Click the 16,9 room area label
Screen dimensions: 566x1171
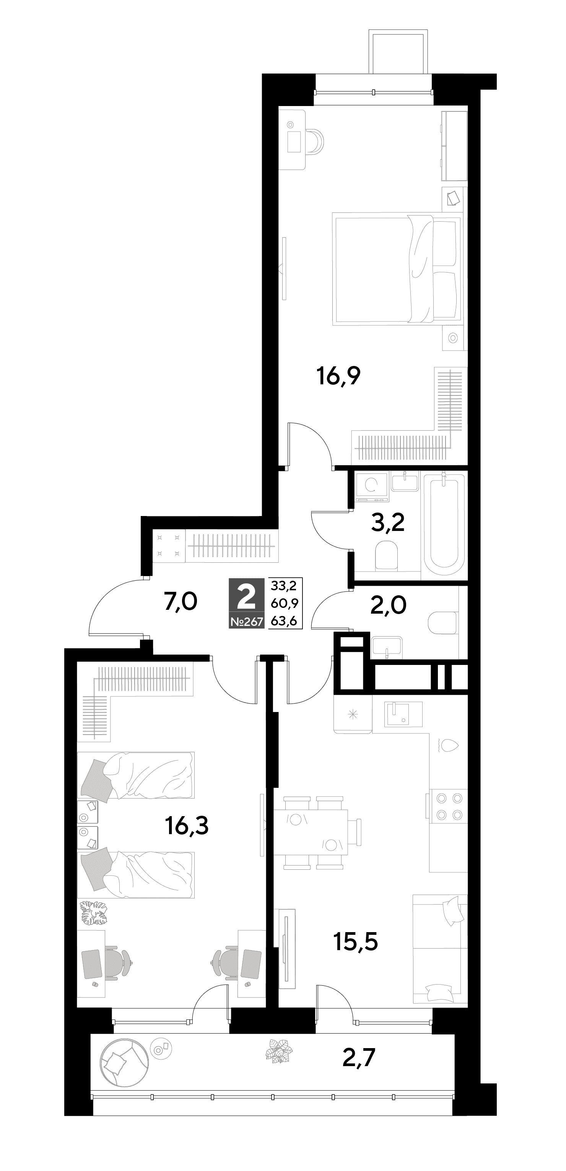[338, 376]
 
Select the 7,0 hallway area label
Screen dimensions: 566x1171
[181, 602]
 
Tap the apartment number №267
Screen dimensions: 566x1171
[247, 621]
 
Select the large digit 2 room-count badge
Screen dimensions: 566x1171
[247, 597]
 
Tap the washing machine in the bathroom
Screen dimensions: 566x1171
[372, 487]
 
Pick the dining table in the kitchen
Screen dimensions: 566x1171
[310, 832]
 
